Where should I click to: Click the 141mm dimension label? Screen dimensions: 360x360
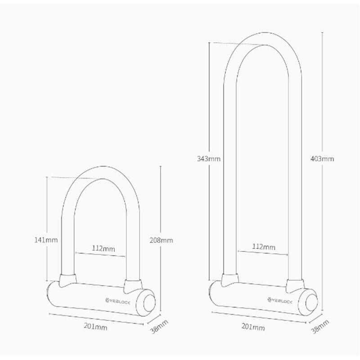46,240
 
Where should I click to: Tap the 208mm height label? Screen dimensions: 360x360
161,240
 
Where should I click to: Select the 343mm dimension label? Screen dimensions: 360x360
209,159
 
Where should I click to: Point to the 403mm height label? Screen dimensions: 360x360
322,159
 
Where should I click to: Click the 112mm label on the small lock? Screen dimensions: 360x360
103,248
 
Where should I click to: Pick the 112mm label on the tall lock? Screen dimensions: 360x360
264,247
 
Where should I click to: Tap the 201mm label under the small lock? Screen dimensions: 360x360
95,326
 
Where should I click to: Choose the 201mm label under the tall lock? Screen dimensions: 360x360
253,327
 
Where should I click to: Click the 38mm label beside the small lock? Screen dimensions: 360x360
159,326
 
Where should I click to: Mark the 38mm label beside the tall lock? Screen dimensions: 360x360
320,326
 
